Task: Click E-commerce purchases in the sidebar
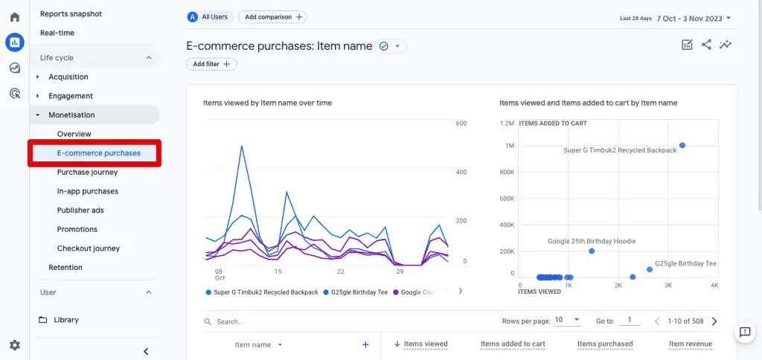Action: tap(98, 153)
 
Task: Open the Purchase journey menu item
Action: tap(87, 173)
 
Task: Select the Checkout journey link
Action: tap(88, 248)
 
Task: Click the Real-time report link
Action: tap(57, 33)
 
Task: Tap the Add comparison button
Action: tap(272, 16)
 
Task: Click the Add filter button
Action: tap(211, 64)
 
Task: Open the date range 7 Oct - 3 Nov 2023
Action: tap(694, 18)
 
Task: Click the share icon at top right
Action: tap(706, 45)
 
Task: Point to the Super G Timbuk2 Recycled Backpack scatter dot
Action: tap(682, 145)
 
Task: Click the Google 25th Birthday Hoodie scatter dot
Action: tap(592, 251)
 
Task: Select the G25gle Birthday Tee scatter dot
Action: tap(649, 269)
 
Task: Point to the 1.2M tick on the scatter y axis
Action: tap(507, 123)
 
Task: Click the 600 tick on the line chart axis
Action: tap(461, 123)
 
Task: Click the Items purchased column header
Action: tap(604, 344)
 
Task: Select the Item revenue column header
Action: tap(690, 344)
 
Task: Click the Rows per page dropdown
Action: tap(567, 321)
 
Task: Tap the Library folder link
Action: tap(65, 320)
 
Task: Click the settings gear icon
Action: tap(15, 345)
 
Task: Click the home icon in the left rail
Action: tap(15, 16)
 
